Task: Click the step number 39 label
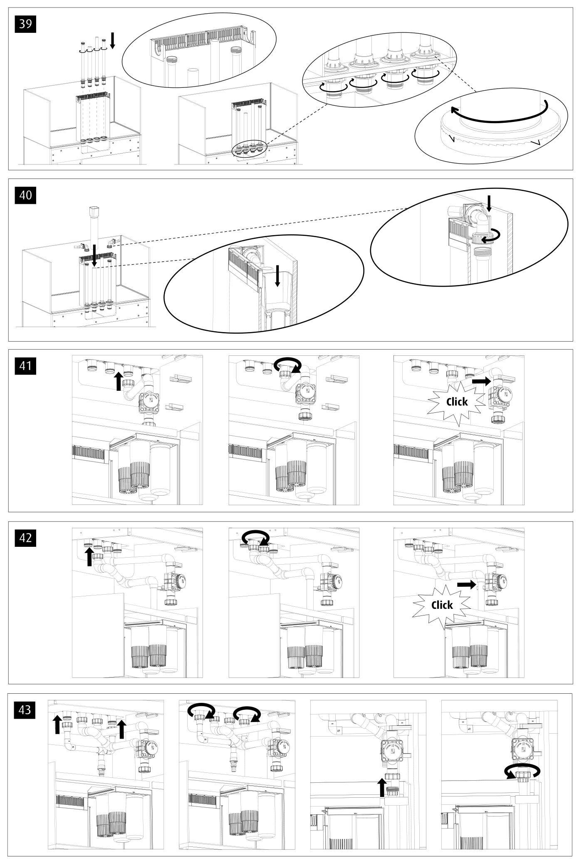pos(25,24)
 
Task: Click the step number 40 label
pos(25,195)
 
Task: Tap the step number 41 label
pos(25,366)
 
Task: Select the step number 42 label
pos(25,538)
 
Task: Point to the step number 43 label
pos(25,709)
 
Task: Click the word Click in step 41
pos(457,402)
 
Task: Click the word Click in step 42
pos(442,605)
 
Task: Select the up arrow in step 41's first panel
pos(119,381)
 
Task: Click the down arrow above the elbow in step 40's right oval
pos(489,204)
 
